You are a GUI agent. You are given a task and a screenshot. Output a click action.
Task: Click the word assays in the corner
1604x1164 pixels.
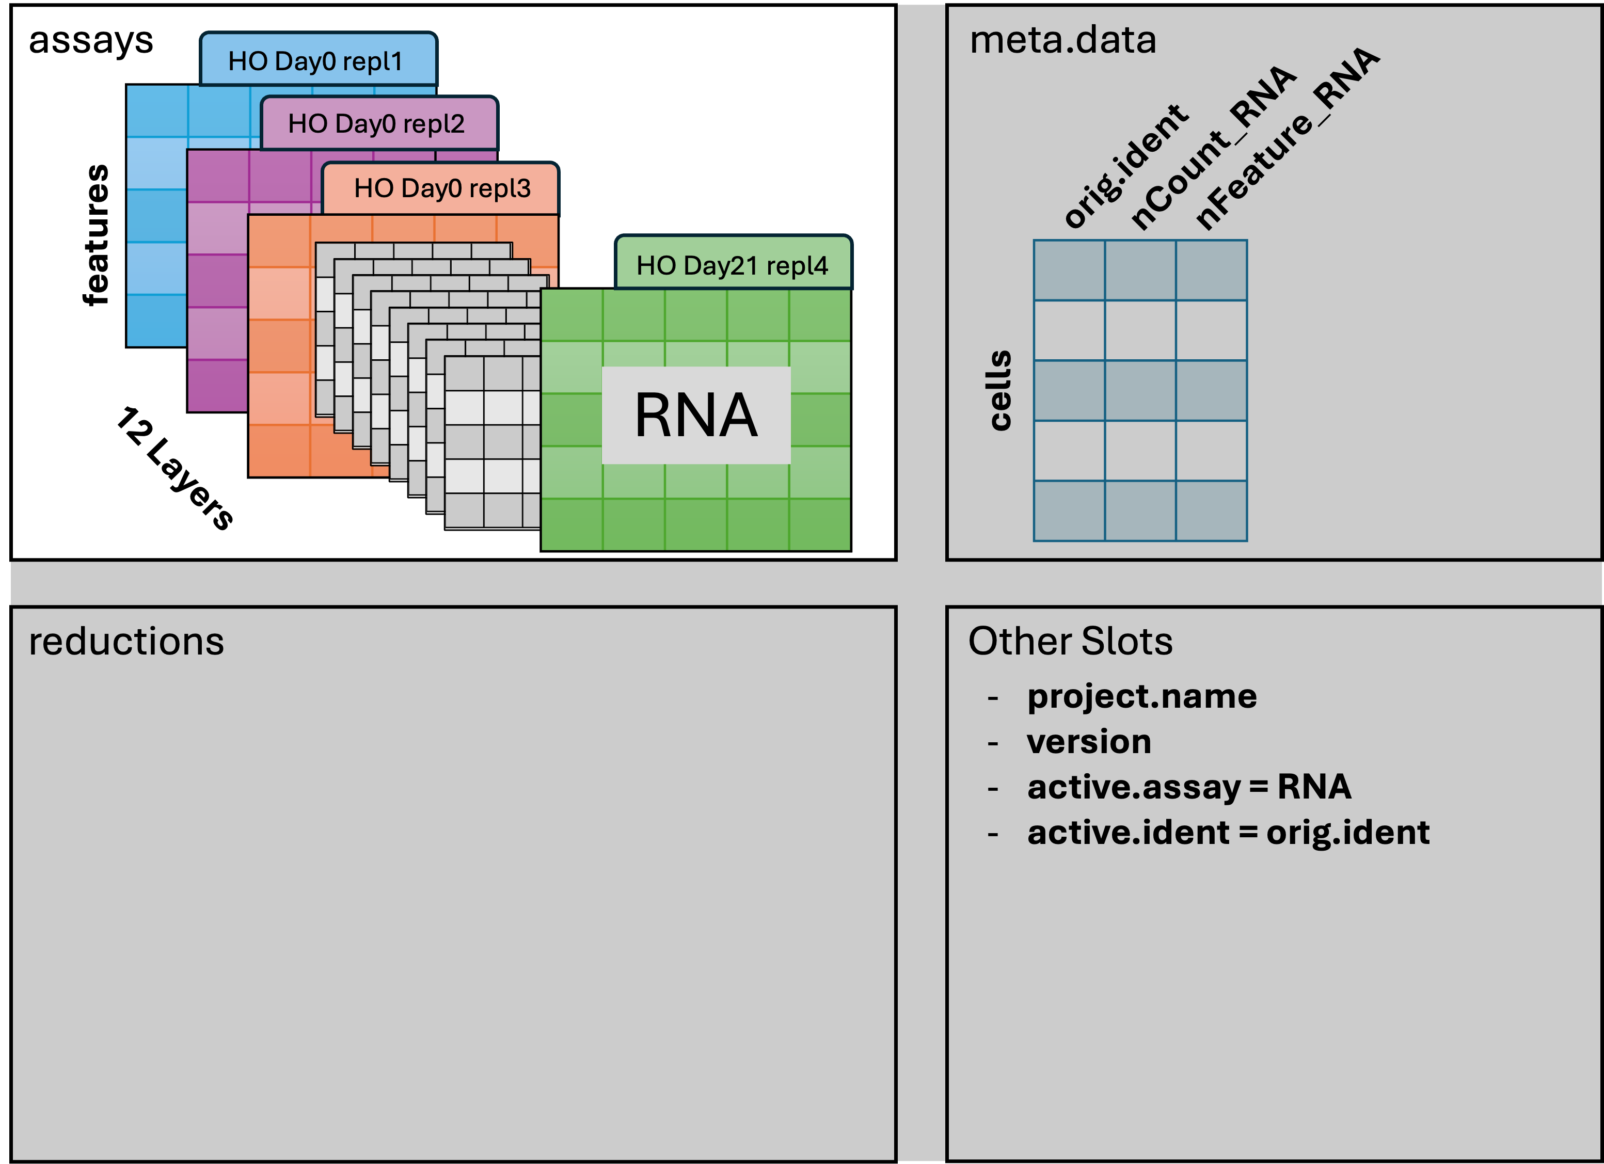(x=90, y=41)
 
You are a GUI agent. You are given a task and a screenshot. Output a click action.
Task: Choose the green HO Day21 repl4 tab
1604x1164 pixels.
(x=732, y=265)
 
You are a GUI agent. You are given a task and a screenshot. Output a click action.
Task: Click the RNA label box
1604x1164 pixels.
(x=696, y=415)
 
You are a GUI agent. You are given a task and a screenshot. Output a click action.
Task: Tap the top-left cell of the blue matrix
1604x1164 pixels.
(x=157, y=111)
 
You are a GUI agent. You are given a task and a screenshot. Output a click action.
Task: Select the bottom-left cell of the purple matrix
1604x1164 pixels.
(x=217, y=386)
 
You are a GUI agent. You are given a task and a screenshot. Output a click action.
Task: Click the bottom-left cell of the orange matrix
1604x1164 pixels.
(x=279, y=451)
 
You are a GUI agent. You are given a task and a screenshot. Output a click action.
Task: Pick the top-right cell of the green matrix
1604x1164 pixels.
(x=820, y=315)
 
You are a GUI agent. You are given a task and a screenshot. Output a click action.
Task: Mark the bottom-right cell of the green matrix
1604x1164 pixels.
(x=820, y=524)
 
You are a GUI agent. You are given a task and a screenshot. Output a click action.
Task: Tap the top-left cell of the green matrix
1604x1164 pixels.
(x=571, y=315)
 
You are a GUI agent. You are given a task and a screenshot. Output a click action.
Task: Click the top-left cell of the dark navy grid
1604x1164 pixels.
(x=1069, y=270)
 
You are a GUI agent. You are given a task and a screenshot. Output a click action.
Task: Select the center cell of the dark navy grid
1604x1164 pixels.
(x=1140, y=390)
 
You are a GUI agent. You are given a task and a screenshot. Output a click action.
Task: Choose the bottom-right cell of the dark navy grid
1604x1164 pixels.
(x=1212, y=511)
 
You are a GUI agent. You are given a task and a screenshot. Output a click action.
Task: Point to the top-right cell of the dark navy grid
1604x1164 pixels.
(x=1212, y=270)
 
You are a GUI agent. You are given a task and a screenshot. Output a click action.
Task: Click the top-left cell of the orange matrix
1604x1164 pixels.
(x=279, y=241)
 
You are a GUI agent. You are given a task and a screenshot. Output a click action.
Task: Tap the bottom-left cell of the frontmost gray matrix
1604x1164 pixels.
(x=464, y=510)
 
